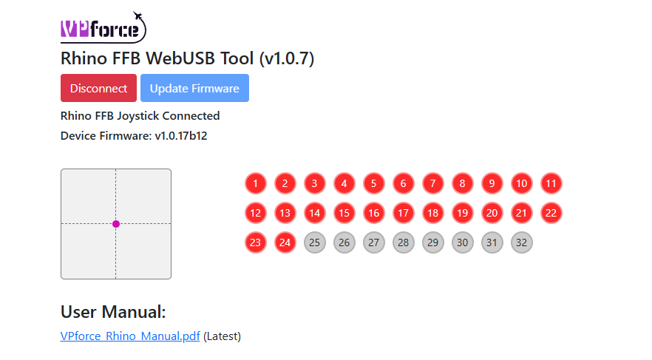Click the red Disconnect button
pos(98,88)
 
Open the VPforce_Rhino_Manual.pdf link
pos(130,336)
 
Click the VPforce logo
pos(103,28)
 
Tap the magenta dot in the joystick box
pos(116,224)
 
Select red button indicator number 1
pos(255,183)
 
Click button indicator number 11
pos(551,183)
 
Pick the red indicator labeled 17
pos(403,213)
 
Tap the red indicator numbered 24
pos(285,242)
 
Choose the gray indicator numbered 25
pos(314,242)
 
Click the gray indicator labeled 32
pos(521,242)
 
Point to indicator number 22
pos(551,213)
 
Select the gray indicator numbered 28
pos(403,242)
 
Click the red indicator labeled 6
pos(403,183)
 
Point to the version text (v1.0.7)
pos(286,58)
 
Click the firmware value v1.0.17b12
pos(181,136)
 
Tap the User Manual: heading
pos(113,312)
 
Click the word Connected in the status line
pos(191,116)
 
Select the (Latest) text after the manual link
pos(222,336)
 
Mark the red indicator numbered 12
pos(255,213)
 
